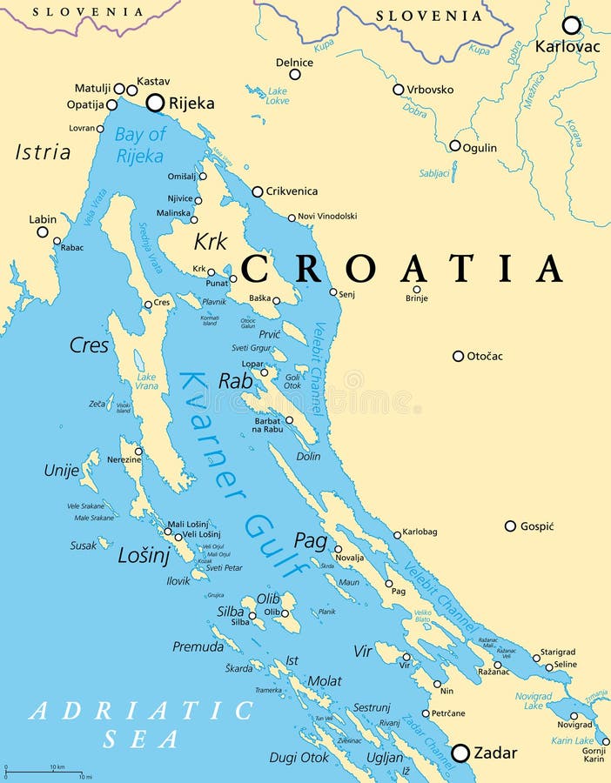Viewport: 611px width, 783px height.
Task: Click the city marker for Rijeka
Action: tap(155, 103)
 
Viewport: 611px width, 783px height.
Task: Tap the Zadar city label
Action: tap(495, 753)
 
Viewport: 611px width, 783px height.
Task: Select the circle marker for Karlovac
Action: tap(571, 25)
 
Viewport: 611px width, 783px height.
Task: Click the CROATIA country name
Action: tap(403, 269)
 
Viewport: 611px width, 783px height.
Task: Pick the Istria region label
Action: tap(43, 152)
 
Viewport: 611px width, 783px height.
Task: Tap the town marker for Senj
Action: tap(333, 292)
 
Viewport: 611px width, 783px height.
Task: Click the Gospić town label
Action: tap(537, 526)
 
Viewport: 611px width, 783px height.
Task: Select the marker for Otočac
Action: tap(458, 356)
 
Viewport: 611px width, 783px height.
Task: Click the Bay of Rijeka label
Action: tap(139, 145)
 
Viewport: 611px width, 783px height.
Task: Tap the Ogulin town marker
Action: tap(454, 146)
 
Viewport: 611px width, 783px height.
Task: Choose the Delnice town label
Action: tap(294, 63)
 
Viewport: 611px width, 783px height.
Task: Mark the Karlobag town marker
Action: tap(397, 535)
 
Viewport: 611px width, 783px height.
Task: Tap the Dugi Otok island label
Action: tap(299, 758)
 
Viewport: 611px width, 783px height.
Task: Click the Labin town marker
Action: tap(43, 231)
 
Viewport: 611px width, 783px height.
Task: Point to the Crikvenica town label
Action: tap(292, 191)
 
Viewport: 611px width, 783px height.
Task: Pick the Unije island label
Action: tap(61, 471)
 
